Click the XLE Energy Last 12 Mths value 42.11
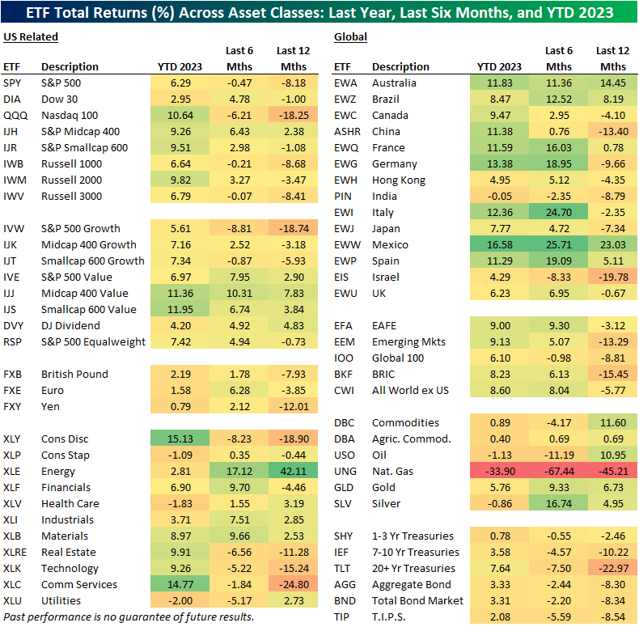click(x=292, y=471)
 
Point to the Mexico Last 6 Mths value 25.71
click(x=558, y=244)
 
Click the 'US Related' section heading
click(x=31, y=36)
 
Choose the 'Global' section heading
click(x=350, y=36)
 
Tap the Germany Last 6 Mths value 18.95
click(x=558, y=163)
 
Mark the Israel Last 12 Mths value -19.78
click(x=611, y=277)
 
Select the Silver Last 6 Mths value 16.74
click(x=558, y=503)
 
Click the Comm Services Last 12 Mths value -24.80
click(x=292, y=584)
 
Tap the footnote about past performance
click(x=129, y=617)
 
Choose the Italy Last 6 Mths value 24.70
click(x=558, y=212)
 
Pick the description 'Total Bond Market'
click(x=417, y=600)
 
